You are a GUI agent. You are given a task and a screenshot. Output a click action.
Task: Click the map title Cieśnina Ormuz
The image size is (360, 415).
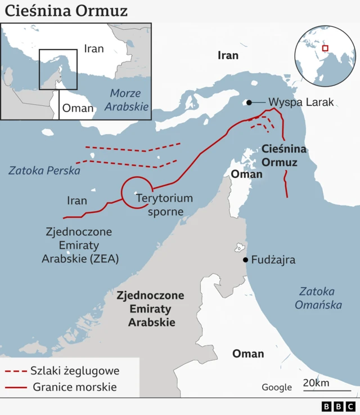[66, 11]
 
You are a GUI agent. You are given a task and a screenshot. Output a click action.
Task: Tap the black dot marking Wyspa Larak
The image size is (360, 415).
[247, 102]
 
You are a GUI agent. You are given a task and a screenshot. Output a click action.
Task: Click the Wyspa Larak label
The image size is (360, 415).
[301, 102]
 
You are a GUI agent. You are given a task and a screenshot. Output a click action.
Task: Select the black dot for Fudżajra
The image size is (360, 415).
[245, 260]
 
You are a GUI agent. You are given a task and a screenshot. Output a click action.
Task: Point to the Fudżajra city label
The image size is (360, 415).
[273, 260]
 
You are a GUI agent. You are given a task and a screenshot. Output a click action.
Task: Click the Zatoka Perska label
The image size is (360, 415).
[44, 170]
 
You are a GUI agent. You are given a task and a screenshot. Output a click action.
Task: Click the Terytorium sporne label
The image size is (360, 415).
[164, 205]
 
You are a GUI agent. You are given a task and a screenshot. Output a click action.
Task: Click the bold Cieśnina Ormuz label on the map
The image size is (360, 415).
[284, 155]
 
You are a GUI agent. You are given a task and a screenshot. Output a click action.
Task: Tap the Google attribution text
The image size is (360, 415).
[277, 387]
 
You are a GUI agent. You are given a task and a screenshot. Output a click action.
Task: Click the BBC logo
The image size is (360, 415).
[339, 406]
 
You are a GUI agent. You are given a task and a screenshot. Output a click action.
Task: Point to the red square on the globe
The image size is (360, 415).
[325, 48]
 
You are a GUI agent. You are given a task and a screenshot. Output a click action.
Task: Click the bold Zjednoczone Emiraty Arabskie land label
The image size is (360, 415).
[150, 309]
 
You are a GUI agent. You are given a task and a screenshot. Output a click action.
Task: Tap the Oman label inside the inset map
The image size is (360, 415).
[78, 108]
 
